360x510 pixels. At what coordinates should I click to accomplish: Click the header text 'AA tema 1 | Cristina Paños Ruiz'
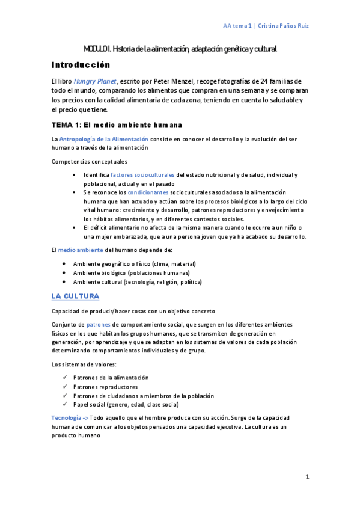pos(266,26)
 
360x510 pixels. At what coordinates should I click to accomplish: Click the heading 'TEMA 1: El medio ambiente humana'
pos(117,125)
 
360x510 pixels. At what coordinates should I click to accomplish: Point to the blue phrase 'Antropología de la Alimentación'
pos(103,139)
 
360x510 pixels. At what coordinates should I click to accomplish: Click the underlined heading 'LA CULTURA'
pos(75,296)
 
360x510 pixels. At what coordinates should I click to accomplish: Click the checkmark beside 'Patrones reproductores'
pos(64,387)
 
